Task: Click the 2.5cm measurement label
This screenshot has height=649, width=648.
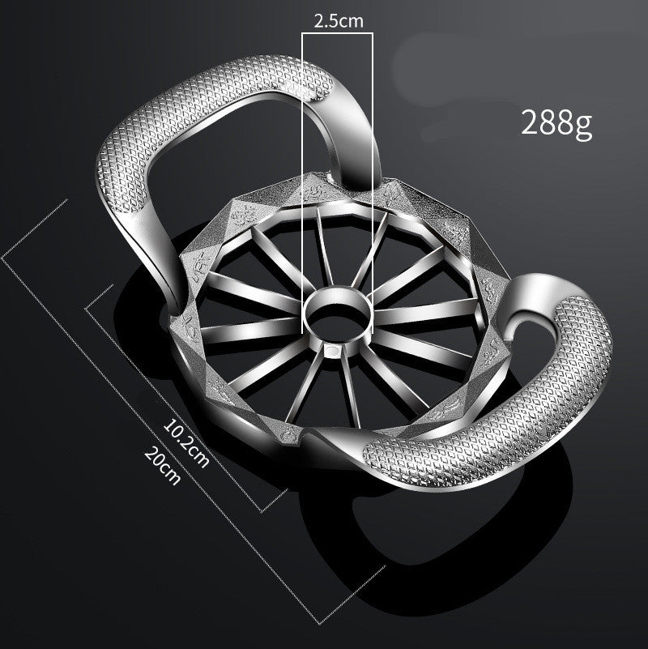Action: pyautogui.click(x=338, y=21)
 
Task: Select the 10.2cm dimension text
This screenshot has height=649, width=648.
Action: pyautogui.click(x=186, y=442)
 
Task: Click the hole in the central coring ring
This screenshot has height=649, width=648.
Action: pyautogui.click(x=337, y=311)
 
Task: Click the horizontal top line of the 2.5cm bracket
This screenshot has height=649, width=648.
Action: pyautogui.click(x=338, y=34)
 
